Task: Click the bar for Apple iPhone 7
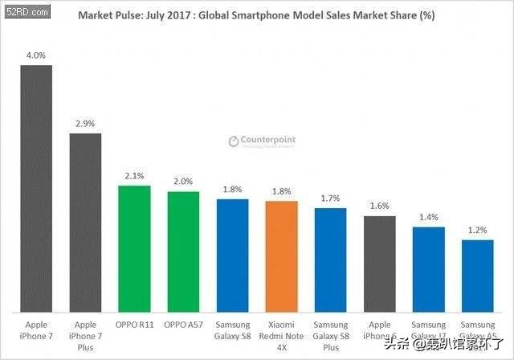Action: click(x=36, y=188)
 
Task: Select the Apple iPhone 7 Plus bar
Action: click(x=85, y=222)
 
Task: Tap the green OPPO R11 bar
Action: click(x=134, y=248)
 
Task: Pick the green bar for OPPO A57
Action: click(x=183, y=251)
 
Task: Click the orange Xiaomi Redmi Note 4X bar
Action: click(x=281, y=256)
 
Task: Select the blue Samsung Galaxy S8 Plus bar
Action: click(x=330, y=259)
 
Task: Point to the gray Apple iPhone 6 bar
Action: click(x=379, y=263)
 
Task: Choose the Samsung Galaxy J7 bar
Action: click(x=428, y=268)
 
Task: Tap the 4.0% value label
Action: click(x=36, y=55)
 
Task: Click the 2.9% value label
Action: click(x=85, y=123)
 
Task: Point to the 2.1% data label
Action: click(x=134, y=175)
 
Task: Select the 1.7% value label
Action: click(x=330, y=198)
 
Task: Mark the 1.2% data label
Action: click(x=477, y=230)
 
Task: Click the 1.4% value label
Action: click(x=428, y=217)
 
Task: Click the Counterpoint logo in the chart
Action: click(x=262, y=141)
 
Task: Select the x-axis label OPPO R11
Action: click(x=134, y=325)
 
